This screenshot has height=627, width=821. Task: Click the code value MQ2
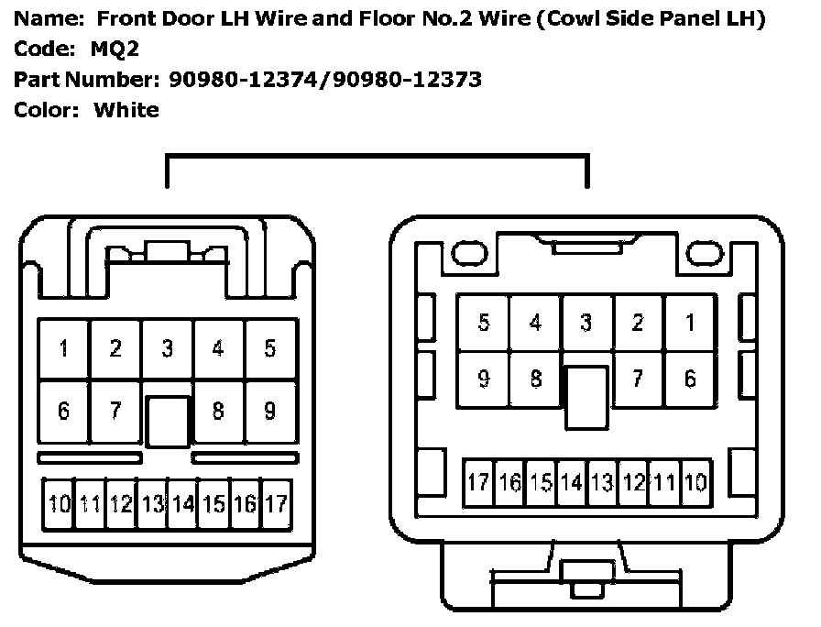115,49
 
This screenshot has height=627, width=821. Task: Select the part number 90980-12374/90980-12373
325,80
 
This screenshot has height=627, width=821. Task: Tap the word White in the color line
126,110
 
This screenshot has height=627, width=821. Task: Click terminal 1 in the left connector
64,348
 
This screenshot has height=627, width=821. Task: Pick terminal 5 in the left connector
270,348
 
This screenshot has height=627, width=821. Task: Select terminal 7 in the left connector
115,412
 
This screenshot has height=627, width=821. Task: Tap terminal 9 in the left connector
270,412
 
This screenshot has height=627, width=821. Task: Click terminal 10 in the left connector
59,504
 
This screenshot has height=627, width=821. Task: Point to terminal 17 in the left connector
276,504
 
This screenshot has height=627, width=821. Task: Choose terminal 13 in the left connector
152,504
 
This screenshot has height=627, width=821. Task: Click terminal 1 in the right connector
690,323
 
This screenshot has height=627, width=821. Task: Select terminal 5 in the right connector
484,323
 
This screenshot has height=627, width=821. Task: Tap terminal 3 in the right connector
586,323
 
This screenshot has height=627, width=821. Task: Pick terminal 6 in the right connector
690,379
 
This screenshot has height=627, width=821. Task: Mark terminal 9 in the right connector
484,379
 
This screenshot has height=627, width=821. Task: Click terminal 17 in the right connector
478,482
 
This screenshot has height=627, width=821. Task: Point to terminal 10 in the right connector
695,482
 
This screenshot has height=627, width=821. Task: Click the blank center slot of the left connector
168,422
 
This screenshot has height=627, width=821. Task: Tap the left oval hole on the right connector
469,254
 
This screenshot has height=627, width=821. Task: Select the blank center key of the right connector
587,398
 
